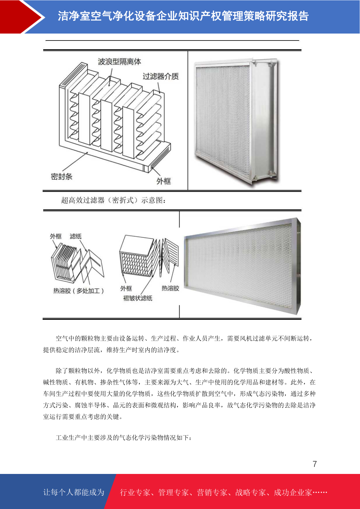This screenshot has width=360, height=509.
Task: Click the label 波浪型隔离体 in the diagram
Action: pos(119,61)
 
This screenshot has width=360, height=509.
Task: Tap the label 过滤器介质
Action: pos(161,76)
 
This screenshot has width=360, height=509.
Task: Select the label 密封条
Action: pos(62,176)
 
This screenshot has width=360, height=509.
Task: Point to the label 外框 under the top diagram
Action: pos(164,181)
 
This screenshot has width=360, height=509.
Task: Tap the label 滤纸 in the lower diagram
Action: pos(76,236)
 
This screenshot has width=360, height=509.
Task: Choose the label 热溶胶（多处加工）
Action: pos(79,291)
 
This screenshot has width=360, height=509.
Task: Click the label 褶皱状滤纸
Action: pos(138,298)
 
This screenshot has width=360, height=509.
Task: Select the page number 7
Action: pos(315,464)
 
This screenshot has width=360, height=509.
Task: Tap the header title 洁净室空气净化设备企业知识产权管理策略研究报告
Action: pos(183,16)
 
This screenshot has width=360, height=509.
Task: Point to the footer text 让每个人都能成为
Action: pos(74,492)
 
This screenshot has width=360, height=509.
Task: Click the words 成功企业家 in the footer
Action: pos(293,492)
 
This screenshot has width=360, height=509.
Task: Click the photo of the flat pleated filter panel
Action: pos(242,266)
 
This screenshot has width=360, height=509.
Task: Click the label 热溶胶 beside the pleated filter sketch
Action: pos(170,288)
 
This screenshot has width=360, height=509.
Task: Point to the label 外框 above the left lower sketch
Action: pos(56,236)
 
